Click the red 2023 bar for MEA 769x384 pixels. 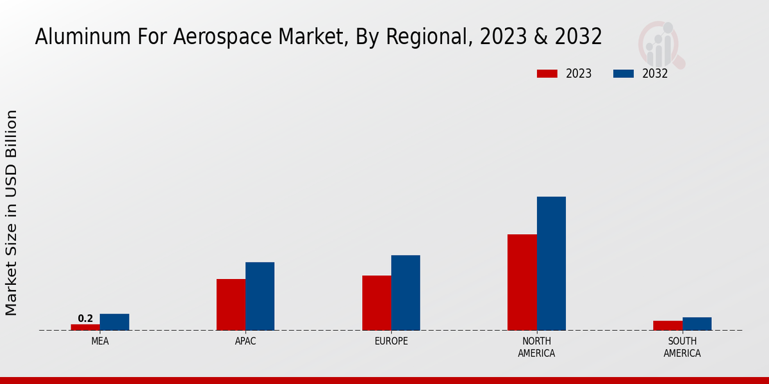[85, 327]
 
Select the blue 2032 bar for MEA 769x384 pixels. [114, 322]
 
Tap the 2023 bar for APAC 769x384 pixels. [231, 305]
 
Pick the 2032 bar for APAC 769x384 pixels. [260, 296]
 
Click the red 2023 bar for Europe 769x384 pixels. [376, 303]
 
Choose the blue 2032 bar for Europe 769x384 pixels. [406, 292]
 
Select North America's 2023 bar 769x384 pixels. [522, 282]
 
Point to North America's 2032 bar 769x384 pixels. [551, 263]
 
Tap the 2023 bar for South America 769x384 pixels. [668, 325]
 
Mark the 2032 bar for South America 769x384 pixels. [697, 324]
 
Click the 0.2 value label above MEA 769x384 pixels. [85, 318]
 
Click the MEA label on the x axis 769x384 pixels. [100, 341]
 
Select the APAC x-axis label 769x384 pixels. [245, 341]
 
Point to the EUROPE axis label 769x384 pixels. [391, 341]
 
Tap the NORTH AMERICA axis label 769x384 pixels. [536, 347]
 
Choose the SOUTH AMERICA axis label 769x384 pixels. [682, 347]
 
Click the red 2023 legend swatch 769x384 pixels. [547, 74]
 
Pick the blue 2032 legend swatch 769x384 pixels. [624, 74]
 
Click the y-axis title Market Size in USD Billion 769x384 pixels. [12, 212]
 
